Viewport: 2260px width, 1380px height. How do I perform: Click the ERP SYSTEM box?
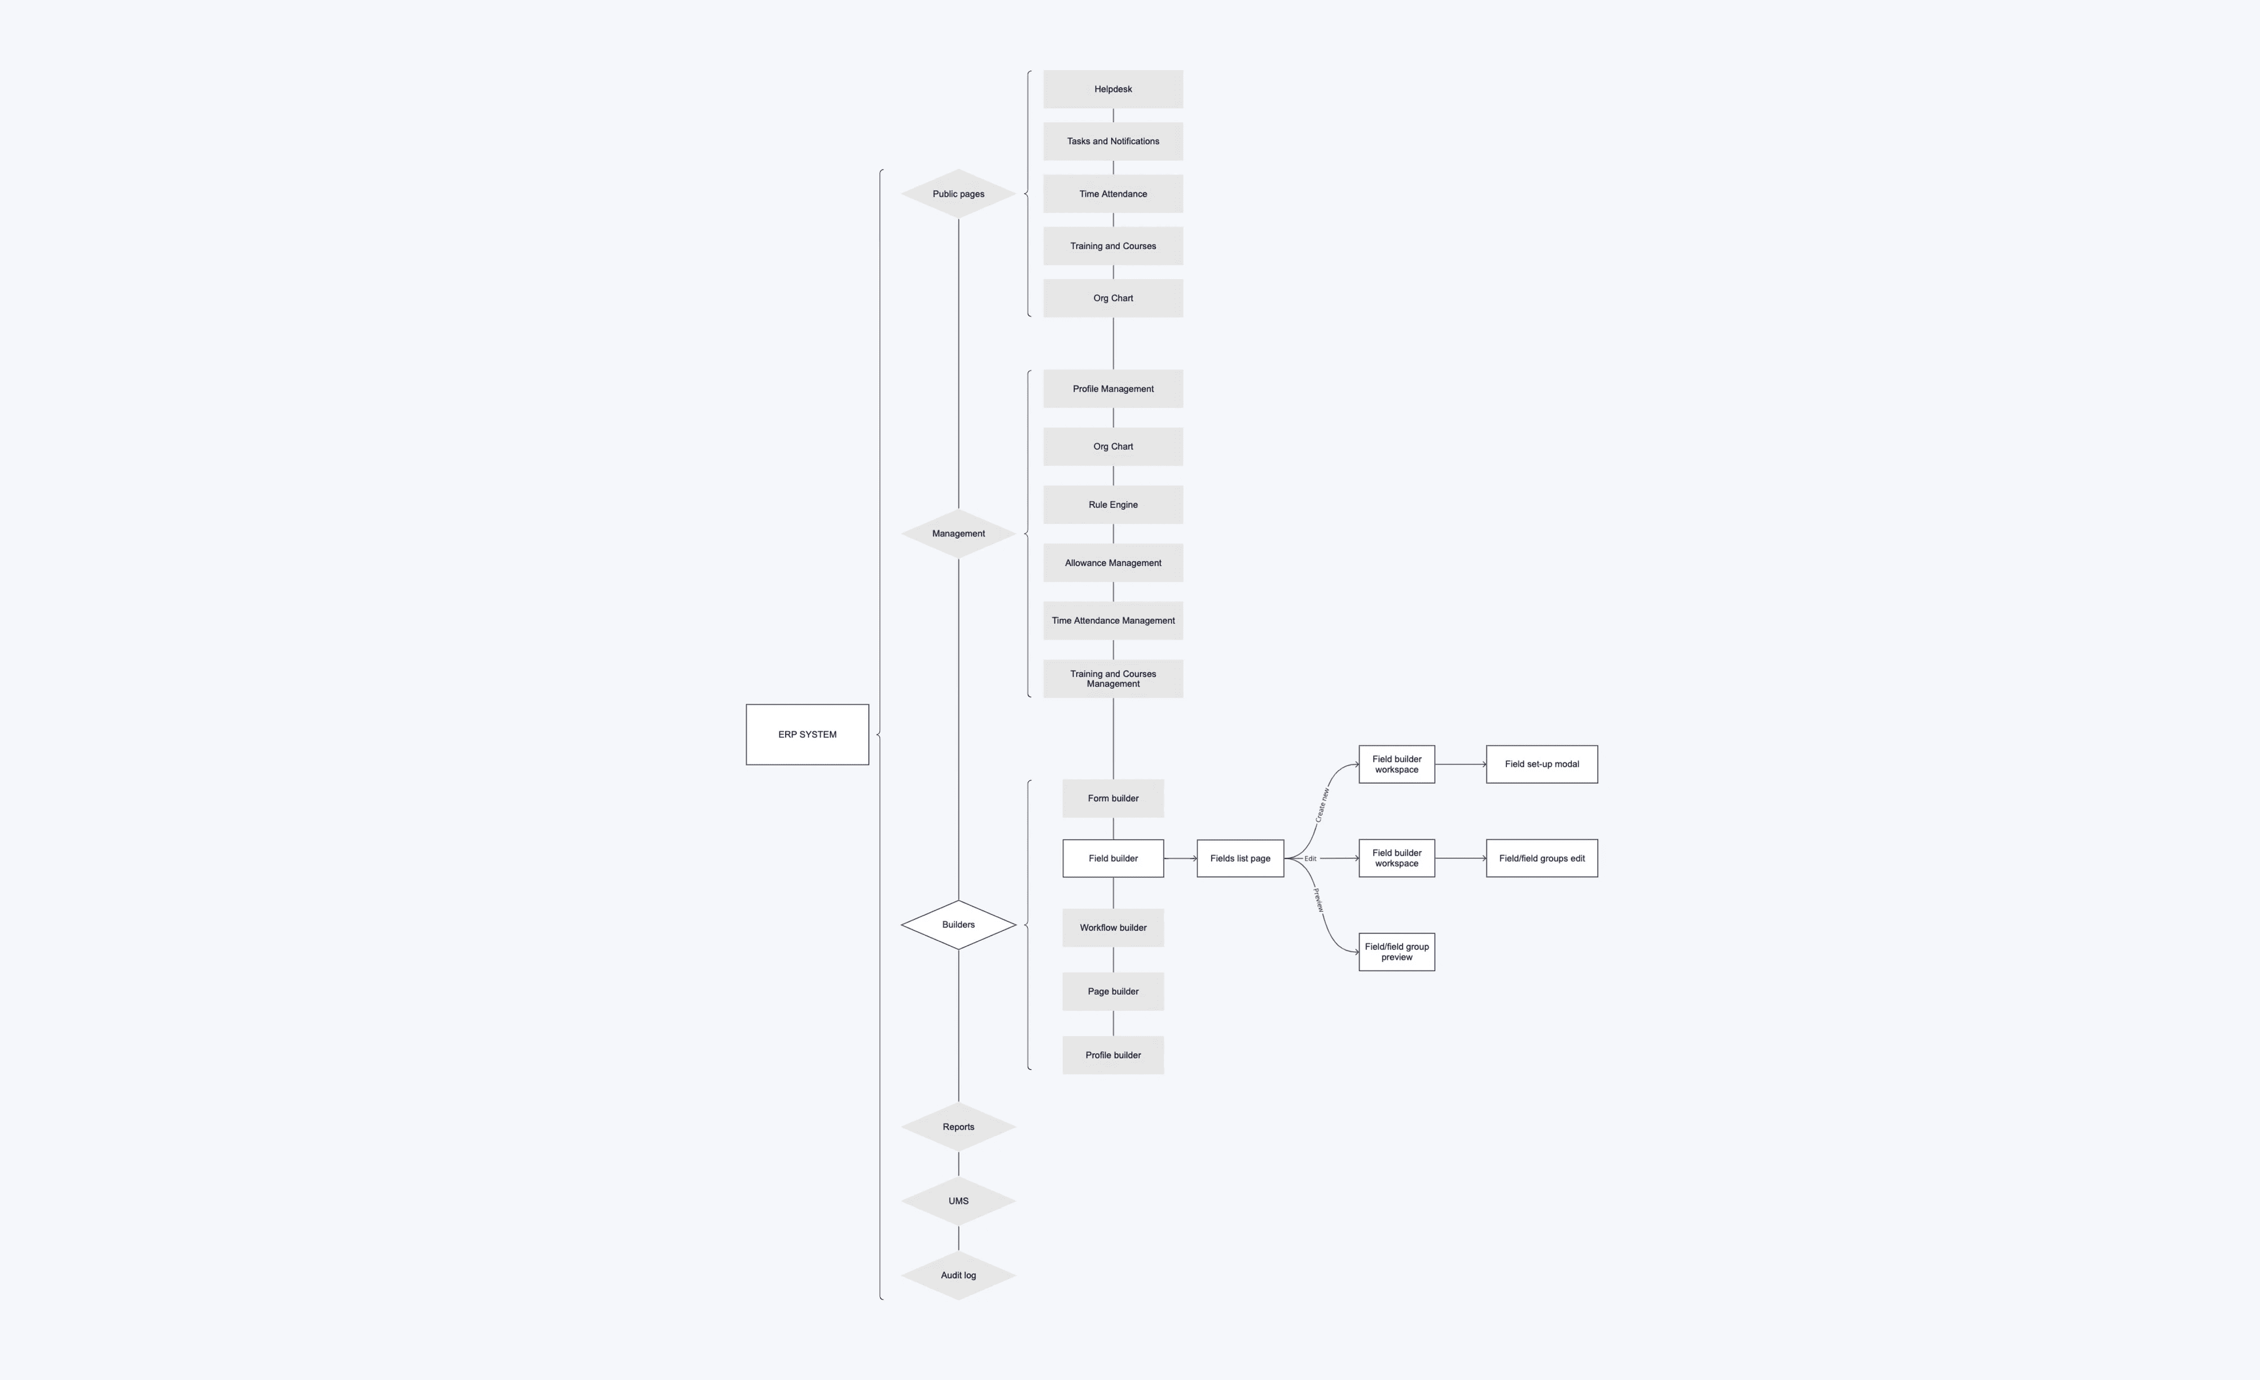807,734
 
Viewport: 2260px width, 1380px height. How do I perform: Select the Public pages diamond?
958,194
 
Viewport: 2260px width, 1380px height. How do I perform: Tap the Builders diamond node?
958,925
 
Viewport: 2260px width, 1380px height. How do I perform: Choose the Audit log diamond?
958,1276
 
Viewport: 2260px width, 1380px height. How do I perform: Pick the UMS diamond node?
958,1201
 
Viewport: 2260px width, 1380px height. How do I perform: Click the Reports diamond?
958,1127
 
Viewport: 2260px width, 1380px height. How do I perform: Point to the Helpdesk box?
1112,89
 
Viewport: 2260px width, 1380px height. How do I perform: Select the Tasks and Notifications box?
1112,141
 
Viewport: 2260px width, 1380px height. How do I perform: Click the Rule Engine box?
1112,505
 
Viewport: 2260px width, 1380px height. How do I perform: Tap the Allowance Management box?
1112,562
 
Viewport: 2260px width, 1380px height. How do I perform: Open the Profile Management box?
1112,389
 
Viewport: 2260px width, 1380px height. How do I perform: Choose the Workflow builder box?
1112,928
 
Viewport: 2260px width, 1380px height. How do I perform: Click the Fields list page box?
1240,858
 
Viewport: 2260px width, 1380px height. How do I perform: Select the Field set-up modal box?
1542,765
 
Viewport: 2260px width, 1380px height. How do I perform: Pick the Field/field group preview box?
1397,952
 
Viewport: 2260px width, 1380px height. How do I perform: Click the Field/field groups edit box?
1542,858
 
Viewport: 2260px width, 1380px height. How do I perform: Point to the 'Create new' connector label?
1321,805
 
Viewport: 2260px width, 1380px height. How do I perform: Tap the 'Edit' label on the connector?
1310,859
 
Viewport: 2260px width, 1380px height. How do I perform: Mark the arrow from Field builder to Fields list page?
1180,858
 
